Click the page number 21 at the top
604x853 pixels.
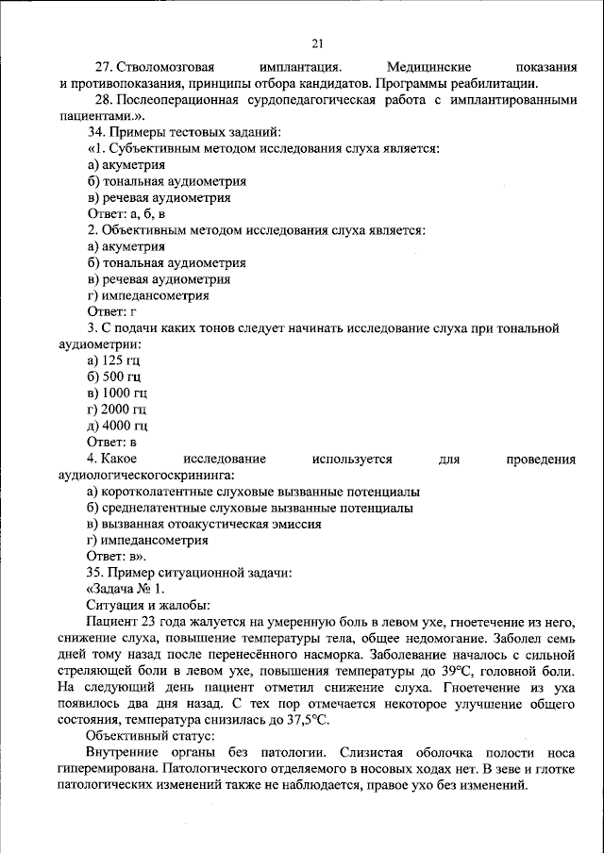click(x=317, y=42)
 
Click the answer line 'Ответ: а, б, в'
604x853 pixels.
click(x=126, y=214)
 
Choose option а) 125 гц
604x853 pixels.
click(x=112, y=360)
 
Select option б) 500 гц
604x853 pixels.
click(x=113, y=376)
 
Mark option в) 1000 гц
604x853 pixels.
click(x=116, y=393)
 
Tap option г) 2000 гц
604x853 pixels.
click(x=116, y=409)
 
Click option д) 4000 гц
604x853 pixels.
click(x=116, y=425)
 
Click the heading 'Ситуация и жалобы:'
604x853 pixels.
click(x=147, y=605)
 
